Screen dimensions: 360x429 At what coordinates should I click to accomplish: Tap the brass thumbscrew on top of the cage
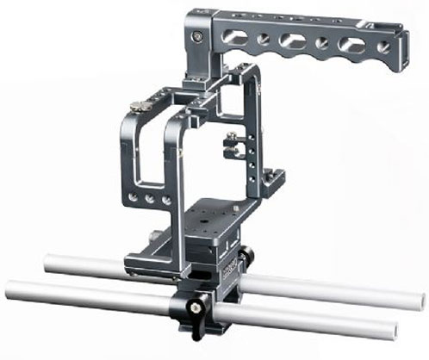click(x=137, y=108)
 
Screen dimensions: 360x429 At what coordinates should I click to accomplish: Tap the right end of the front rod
click(x=393, y=328)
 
